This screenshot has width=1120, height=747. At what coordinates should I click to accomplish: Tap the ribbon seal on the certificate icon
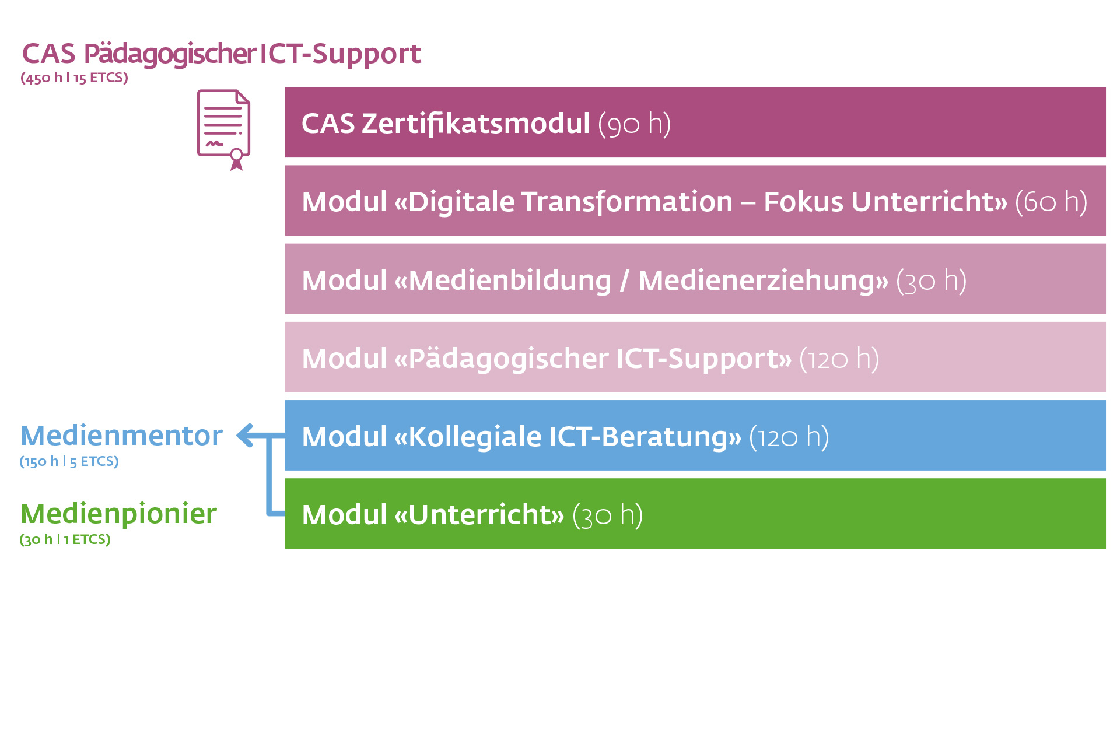coord(236,158)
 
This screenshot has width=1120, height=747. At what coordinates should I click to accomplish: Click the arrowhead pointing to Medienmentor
coord(245,435)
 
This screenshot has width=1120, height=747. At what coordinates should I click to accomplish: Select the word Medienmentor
coord(121,436)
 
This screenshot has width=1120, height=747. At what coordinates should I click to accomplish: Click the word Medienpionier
coord(118,514)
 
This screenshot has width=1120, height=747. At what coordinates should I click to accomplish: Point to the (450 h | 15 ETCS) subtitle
coord(74,78)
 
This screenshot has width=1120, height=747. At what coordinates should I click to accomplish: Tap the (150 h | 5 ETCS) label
coord(69,461)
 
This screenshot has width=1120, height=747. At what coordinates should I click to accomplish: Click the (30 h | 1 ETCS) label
coord(65,539)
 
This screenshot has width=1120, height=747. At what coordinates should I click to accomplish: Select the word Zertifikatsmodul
coord(475,124)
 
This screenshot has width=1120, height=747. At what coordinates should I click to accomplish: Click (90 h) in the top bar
coord(635,124)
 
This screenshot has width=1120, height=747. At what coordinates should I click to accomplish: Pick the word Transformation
coord(626,202)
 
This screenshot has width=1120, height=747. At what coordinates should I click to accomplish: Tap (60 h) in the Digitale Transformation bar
coord(1051,202)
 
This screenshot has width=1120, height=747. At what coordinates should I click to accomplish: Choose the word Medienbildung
coord(510,280)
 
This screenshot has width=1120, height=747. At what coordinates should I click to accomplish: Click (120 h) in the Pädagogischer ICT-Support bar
coord(839,359)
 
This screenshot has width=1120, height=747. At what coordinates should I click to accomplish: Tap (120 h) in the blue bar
coord(789,437)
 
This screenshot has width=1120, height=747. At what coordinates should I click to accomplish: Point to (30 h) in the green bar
coord(607,515)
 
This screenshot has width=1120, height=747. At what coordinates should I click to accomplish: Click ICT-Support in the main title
coord(340,54)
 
